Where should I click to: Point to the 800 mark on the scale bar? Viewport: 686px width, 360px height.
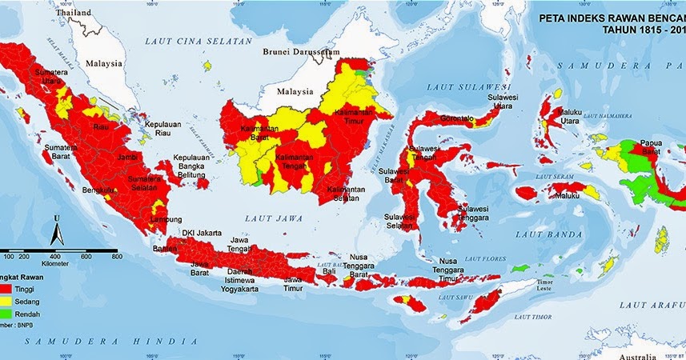[x=116, y=256]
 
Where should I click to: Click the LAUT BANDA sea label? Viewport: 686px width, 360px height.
[x=542, y=234]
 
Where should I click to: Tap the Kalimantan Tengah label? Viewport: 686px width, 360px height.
[x=295, y=164]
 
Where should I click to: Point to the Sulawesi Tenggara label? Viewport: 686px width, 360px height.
[x=472, y=214]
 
